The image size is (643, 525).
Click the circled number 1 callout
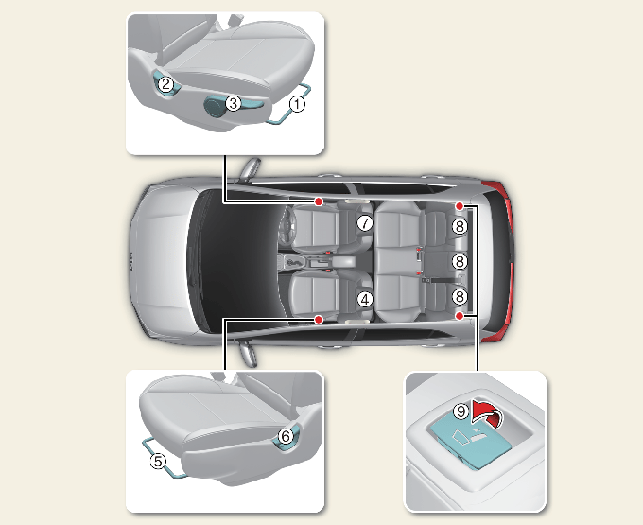[297, 104]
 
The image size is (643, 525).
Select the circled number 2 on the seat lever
[166, 84]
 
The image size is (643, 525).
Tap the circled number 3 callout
[234, 102]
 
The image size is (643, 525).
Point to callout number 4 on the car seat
[365, 299]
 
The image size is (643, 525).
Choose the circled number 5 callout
[158, 461]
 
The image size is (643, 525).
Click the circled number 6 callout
[286, 436]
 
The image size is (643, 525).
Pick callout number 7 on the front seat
[365, 223]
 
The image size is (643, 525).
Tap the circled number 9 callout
[461, 411]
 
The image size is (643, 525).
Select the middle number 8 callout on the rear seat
[460, 261]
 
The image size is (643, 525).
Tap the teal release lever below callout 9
[470, 444]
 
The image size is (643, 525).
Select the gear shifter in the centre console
[293, 262]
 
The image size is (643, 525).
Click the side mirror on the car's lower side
[248, 354]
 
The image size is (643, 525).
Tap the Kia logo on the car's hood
[131, 261]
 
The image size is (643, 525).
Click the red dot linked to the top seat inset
[319, 201]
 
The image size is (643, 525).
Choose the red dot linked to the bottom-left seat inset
[319, 319]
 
